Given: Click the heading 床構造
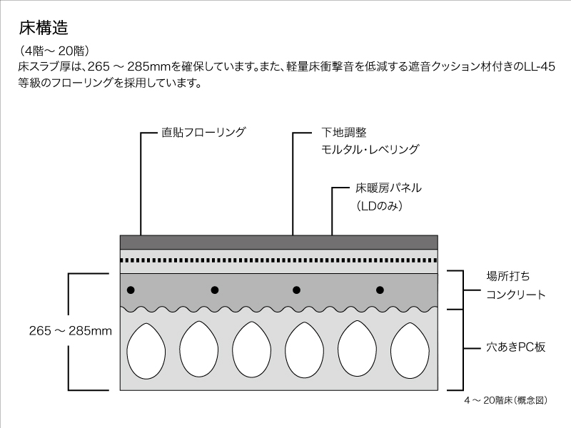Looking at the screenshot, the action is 44,28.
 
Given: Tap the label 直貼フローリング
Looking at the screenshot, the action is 203,132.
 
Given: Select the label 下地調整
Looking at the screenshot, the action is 344,132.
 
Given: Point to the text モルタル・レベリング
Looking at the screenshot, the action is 370,149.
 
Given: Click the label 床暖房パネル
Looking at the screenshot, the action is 388,188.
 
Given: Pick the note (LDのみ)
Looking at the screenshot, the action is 380,206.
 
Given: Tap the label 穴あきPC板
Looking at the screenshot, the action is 515,347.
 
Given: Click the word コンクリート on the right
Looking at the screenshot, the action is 515,295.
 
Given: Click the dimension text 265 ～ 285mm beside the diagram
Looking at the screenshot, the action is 71,331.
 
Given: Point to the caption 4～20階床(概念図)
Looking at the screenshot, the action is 506,400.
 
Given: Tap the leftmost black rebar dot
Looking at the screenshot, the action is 131,290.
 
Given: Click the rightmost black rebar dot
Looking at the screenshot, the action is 380,290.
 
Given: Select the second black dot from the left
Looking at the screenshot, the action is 215,290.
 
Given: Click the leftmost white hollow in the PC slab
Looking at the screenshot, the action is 146,350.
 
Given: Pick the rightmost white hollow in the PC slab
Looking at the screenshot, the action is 410,350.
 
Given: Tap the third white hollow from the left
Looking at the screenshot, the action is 252,350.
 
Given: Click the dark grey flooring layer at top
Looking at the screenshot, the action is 279,243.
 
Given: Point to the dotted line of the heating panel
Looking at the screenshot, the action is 279,260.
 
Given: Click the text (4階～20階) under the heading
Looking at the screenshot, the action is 54,51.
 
